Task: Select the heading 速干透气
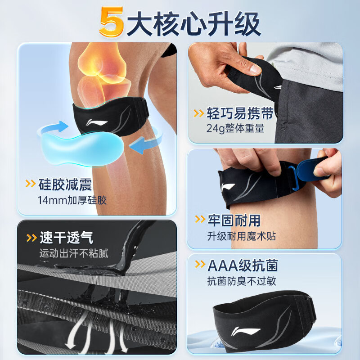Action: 67,237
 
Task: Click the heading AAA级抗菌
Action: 243,265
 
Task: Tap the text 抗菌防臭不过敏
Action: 242,282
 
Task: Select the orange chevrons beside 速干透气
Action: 32,238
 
